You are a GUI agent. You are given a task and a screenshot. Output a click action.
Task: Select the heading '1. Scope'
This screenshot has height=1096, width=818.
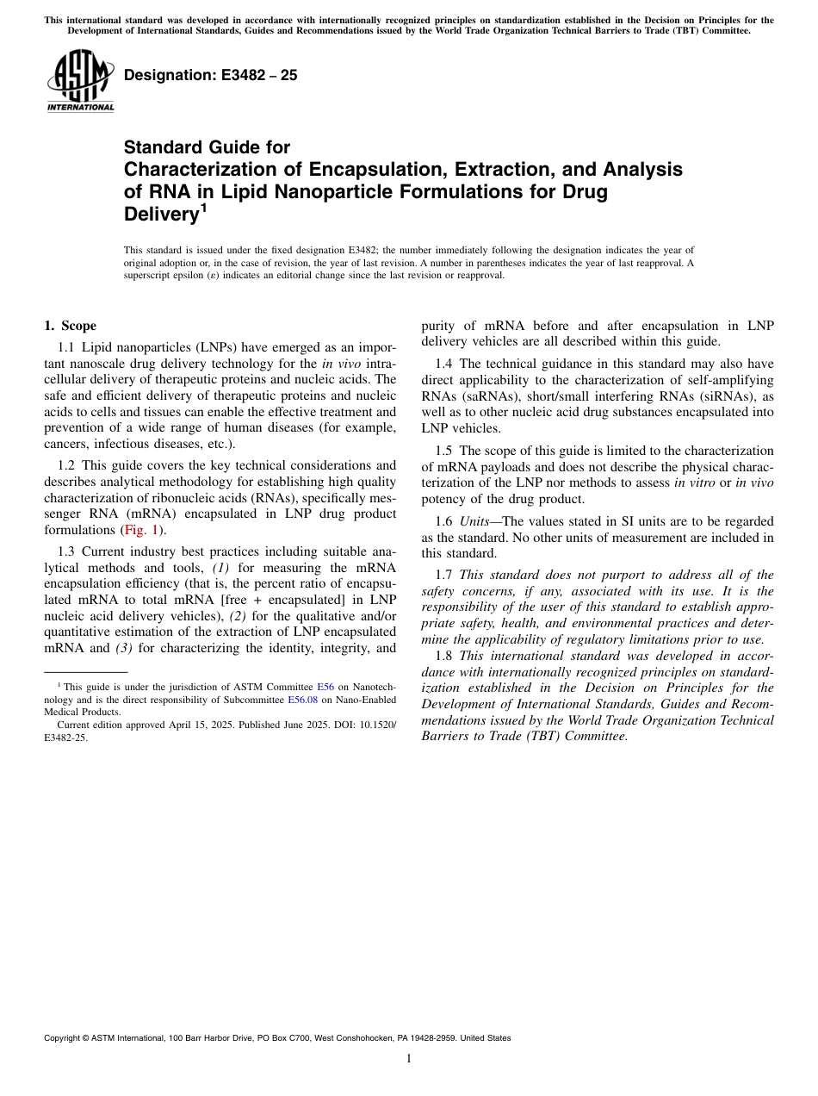[x=70, y=326]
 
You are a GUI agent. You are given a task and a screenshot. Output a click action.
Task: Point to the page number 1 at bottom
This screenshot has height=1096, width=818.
[x=409, y=1059]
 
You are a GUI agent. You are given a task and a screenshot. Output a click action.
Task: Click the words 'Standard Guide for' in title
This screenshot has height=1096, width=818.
[x=207, y=147]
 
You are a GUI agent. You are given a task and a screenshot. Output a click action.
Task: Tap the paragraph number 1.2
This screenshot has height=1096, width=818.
[x=67, y=465]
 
